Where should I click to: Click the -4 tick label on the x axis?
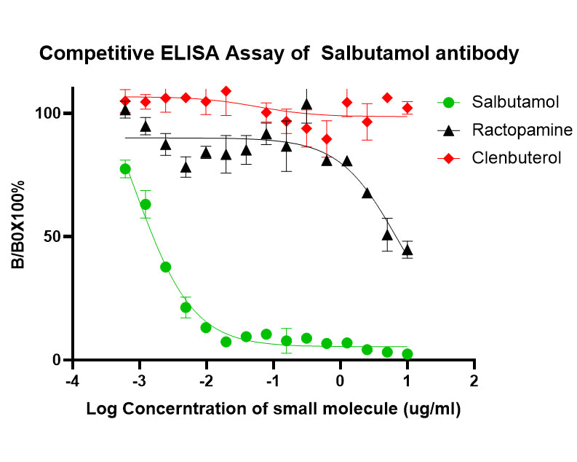(71, 382)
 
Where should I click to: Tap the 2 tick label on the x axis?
(474, 382)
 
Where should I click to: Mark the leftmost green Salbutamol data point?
(125, 169)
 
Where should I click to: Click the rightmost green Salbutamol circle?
(407, 354)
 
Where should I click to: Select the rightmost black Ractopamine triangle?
(407, 250)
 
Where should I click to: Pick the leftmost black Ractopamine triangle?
(125, 110)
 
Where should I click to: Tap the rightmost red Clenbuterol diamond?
(407, 108)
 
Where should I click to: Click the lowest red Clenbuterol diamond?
(327, 139)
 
